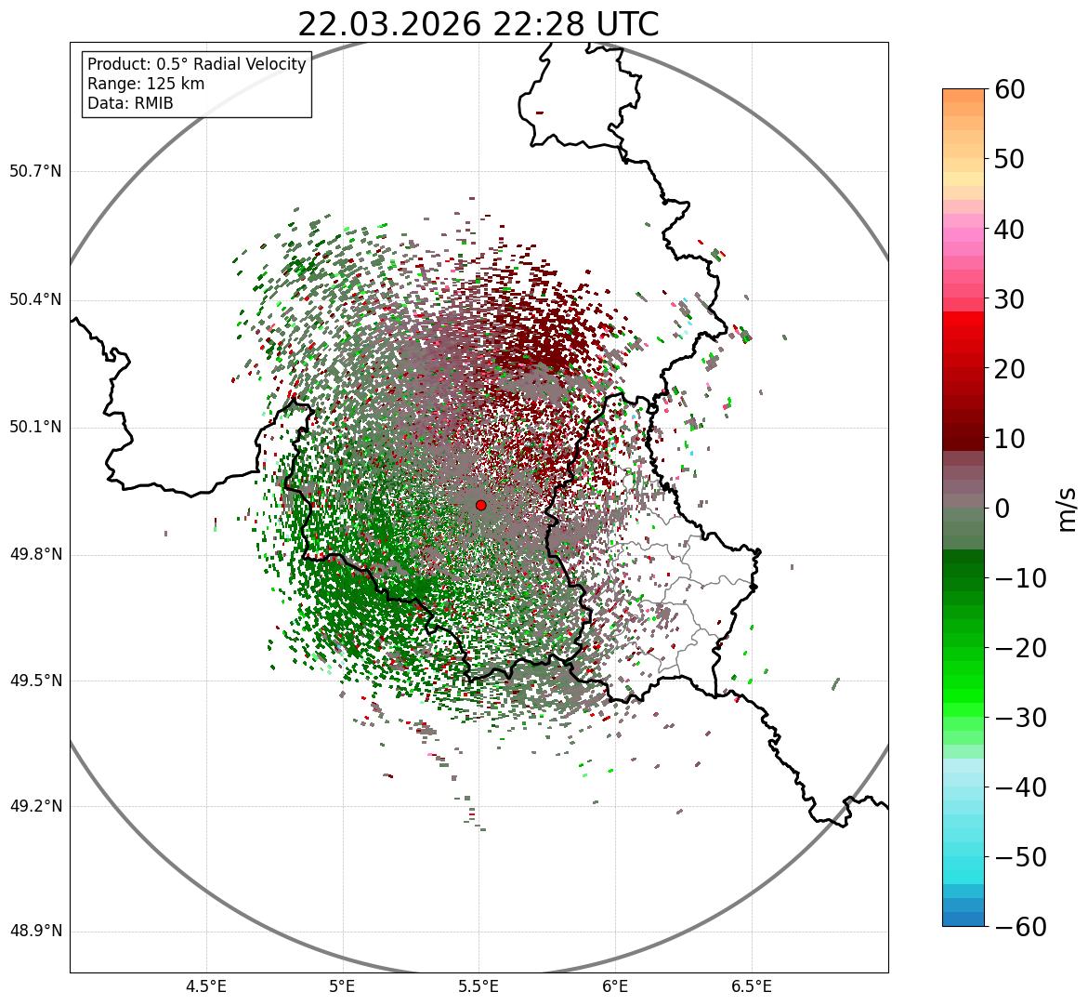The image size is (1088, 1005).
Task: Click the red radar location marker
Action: click(480, 505)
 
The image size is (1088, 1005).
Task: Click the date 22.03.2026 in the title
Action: click(389, 24)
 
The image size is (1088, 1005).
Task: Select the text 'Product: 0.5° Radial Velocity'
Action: click(196, 64)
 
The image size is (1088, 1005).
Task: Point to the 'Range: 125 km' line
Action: click(146, 84)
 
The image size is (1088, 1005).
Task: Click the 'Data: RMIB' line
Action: click(130, 103)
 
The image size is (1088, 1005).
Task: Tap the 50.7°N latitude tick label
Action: click(35, 172)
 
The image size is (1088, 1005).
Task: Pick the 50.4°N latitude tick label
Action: click(35, 300)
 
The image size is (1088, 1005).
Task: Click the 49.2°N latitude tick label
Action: click(35, 806)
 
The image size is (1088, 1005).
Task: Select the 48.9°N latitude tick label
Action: click(35, 932)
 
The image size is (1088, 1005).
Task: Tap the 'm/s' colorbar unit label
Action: click(1068, 509)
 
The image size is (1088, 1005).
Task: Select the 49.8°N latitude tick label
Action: click(35, 555)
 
